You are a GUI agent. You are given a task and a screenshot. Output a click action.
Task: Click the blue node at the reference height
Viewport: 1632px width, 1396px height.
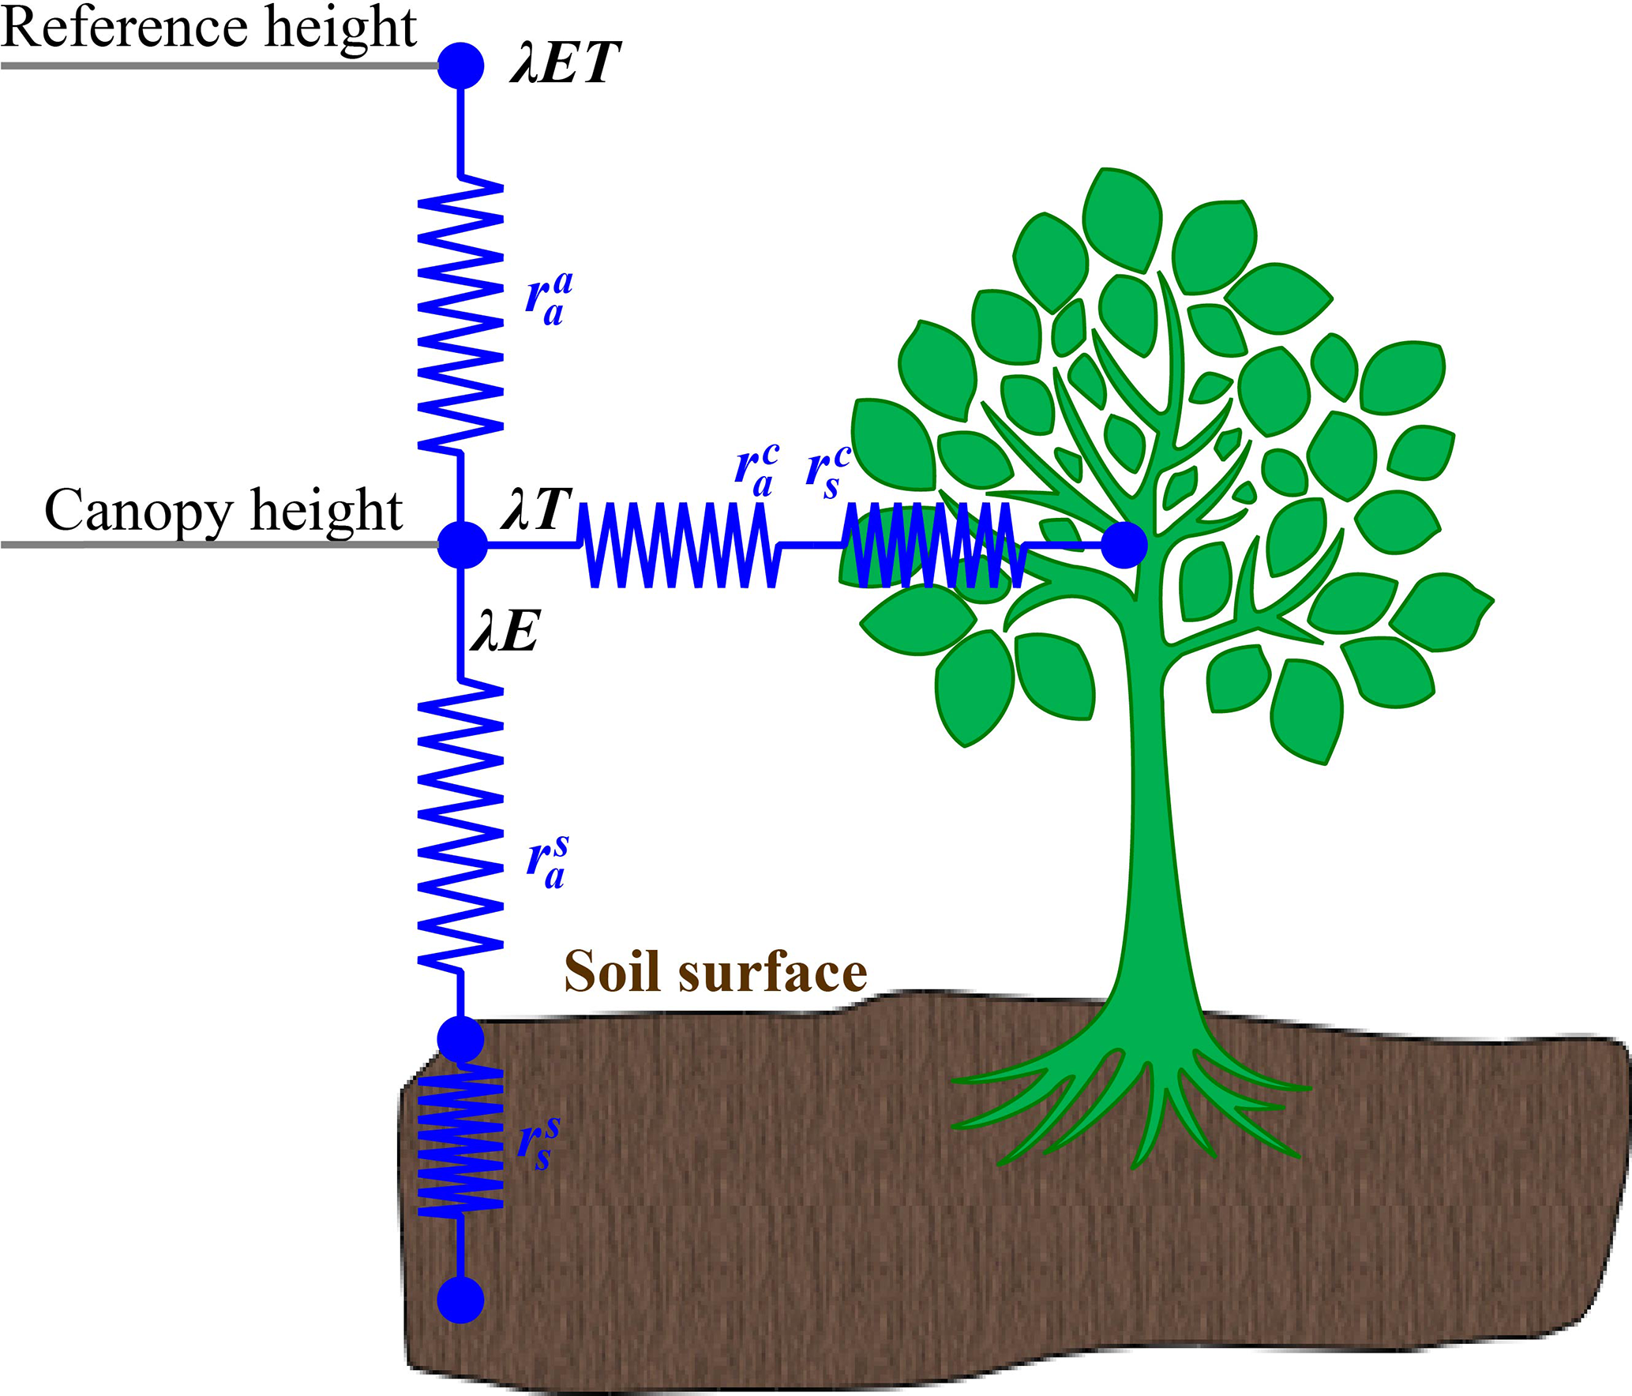pos(460,66)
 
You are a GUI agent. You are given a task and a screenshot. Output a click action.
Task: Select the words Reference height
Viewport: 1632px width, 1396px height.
pos(208,28)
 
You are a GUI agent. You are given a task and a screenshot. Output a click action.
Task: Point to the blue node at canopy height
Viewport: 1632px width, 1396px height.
pos(462,545)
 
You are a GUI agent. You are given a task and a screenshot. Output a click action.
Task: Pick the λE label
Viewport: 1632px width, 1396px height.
pos(505,632)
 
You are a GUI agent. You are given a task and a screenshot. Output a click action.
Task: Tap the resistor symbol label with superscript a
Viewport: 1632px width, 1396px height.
pos(549,298)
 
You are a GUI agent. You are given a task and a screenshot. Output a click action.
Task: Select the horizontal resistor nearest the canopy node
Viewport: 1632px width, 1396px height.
pos(679,546)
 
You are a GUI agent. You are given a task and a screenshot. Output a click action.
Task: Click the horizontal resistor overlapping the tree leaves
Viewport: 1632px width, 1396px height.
pos(932,546)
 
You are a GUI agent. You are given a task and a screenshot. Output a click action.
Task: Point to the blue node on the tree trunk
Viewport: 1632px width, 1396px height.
pos(1124,545)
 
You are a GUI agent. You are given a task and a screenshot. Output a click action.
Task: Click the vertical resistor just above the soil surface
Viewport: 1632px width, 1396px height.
pos(460,826)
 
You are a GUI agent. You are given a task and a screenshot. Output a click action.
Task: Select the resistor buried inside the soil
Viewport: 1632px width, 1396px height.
pos(460,1140)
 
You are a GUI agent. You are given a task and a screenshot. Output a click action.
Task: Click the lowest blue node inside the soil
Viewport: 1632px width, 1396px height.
pos(460,1300)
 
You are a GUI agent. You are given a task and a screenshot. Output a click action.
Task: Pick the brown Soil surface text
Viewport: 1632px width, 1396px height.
pos(715,972)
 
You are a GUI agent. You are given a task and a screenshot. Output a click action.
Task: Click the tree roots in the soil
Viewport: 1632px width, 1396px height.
pos(1129,1105)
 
